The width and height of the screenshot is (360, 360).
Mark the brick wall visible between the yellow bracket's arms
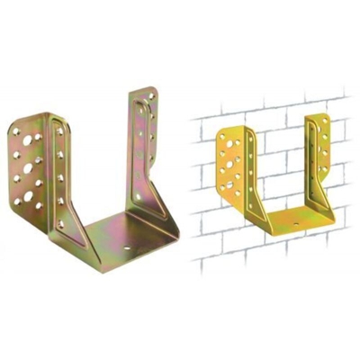(283, 153)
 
